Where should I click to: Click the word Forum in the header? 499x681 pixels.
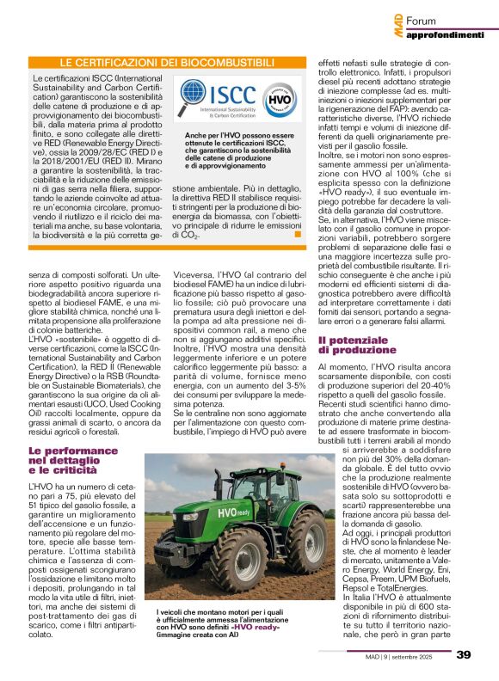[422, 20]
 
